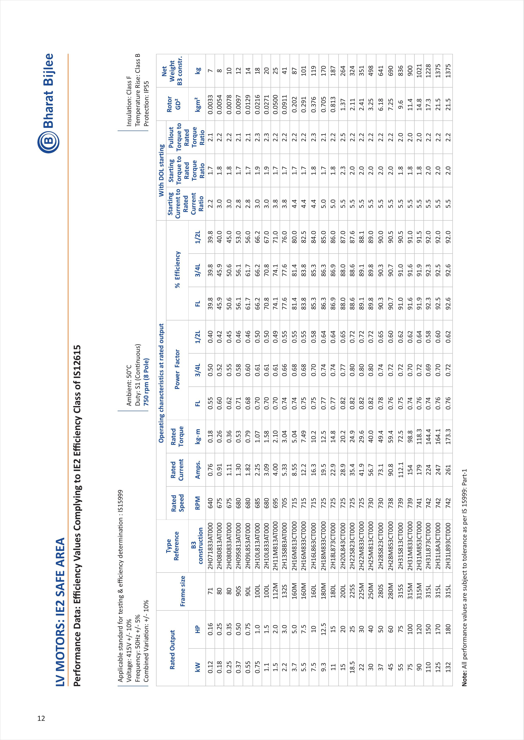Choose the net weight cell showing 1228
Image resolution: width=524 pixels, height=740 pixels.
429,69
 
